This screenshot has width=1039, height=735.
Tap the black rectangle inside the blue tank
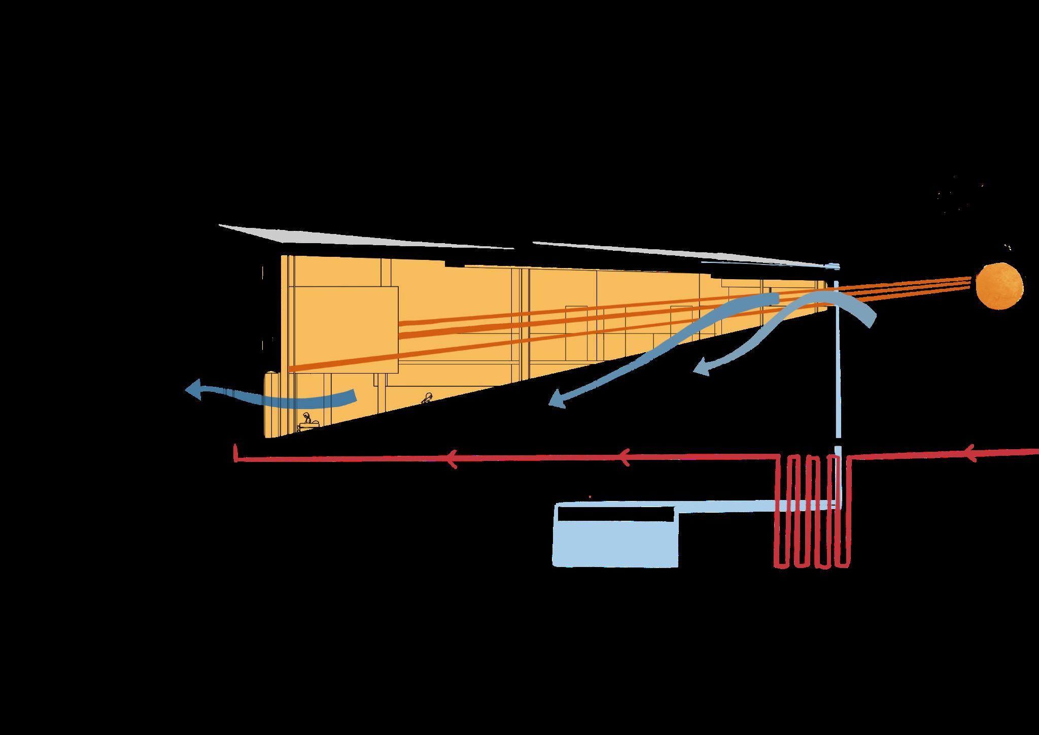(x=616, y=514)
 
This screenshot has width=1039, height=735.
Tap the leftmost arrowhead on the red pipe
(x=452, y=459)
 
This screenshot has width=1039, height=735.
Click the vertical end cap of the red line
(x=235, y=453)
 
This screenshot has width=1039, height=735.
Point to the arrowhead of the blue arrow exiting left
(x=193, y=391)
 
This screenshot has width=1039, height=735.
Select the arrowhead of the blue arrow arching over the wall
(x=701, y=366)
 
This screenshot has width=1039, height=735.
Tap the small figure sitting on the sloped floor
(x=427, y=399)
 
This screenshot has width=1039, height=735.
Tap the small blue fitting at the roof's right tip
(x=833, y=265)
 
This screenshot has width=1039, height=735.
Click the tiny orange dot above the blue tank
(x=590, y=496)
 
